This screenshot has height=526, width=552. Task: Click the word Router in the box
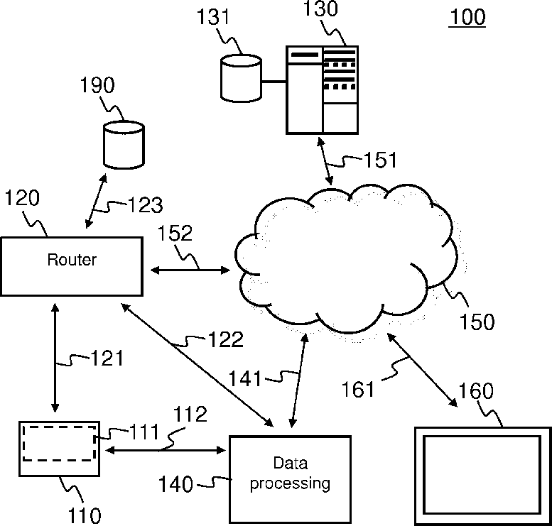tap(72, 260)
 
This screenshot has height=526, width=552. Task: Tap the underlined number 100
tap(467, 16)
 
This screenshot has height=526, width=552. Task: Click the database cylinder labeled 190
tap(124, 145)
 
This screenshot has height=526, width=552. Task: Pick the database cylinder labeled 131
tap(241, 78)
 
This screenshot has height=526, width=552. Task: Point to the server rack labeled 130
tap(322, 89)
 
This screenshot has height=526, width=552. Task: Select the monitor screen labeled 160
tap(482, 476)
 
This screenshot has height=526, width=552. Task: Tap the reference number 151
tap(380, 160)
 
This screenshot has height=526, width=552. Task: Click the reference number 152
tap(175, 234)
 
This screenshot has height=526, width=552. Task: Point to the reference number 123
tap(145, 205)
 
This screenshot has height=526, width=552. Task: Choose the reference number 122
tap(226, 339)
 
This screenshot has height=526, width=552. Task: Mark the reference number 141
tap(244, 379)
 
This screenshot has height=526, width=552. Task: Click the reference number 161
tap(357, 390)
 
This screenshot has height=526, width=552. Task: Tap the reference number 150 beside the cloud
tap(477, 322)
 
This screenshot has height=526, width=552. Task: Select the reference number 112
tap(190, 415)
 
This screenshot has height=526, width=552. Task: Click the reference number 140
tap(175, 484)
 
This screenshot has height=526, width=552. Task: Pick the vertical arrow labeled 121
tap(55, 358)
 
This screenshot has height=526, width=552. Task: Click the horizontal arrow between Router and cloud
tap(190, 270)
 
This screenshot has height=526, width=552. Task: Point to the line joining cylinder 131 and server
tap(274, 82)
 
